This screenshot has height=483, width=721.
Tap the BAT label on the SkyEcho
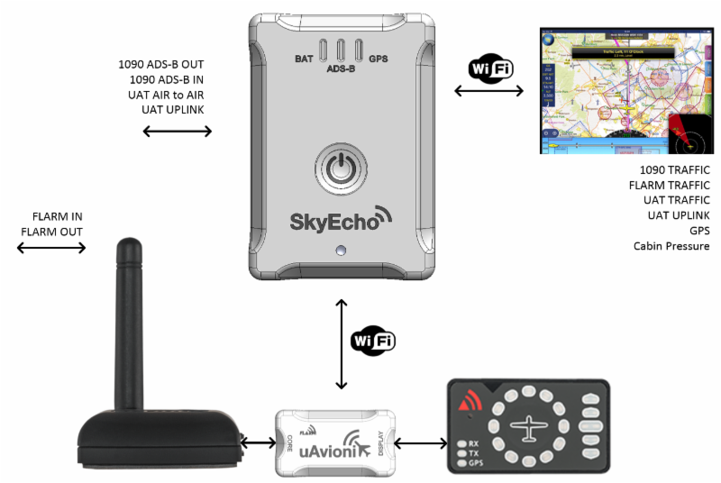coord(305,59)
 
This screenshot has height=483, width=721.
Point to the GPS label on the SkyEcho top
coord(378,59)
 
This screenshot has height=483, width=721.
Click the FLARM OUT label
coord(52,232)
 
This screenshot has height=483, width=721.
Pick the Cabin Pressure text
coord(671,246)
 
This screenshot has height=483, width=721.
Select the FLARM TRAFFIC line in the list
coord(669,185)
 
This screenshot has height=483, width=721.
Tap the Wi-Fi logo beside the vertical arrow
coord(372,342)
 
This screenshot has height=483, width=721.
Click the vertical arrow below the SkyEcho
coord(341,343)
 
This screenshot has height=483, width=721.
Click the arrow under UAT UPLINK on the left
coord(177,132)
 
